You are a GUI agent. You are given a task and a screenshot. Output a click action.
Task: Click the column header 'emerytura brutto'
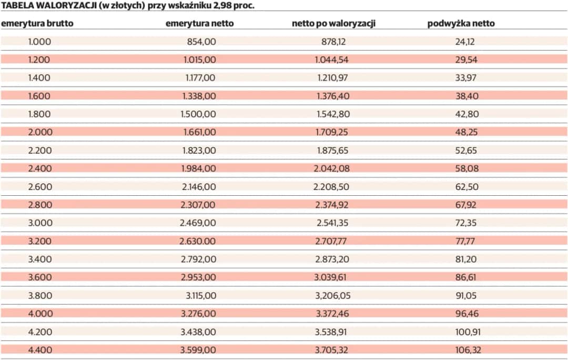tap(37, 24)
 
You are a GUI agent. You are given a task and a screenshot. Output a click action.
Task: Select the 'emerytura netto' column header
tap(199, 24)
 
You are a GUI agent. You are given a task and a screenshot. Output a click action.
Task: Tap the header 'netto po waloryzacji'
tap(333, 24)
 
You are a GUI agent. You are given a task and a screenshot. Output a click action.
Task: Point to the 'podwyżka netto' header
tap(461, 24)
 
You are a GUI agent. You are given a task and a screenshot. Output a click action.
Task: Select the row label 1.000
tap(39, 42)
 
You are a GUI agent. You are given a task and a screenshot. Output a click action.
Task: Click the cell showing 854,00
tap(201, 42)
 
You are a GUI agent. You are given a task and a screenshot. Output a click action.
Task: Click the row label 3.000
tap(39, 223)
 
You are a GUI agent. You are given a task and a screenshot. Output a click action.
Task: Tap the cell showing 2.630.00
tap(197, 241)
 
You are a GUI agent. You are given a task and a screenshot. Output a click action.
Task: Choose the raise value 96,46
tap(466, 314)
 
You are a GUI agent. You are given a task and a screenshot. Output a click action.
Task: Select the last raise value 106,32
tap(468, 350)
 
